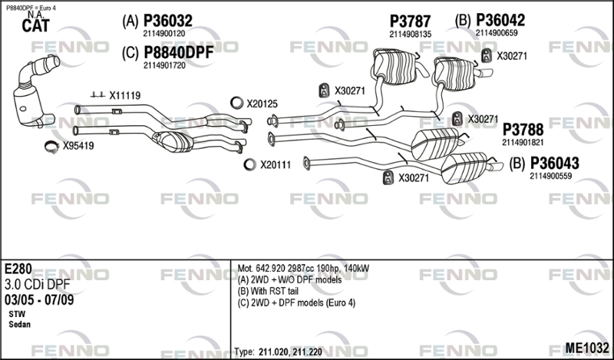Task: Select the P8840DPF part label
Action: (x=178, y=51)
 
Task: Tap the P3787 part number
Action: (x=410, y=21)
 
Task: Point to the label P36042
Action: (x=500, y=19)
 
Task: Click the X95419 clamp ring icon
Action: (x=51, y=145)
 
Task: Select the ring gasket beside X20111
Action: (x=249, y=163)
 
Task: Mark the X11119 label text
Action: (x=124, y=96)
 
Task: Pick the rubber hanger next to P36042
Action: (x=486, y=54)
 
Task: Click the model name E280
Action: (x=20, y=269)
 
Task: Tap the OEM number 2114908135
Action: (x=410, y=34)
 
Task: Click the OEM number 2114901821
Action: (x=523, y=142)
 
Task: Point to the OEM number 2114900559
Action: (x=550, y=176)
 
